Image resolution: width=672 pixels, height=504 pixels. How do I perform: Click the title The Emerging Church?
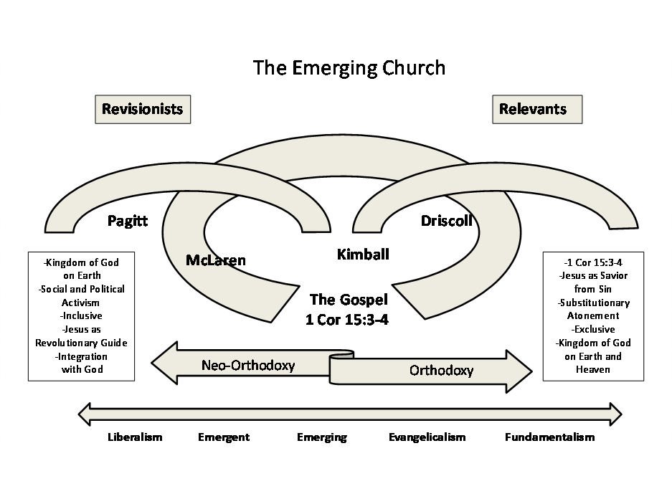349,67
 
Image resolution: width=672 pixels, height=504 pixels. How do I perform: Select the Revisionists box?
143,109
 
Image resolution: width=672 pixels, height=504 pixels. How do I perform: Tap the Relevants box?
536,109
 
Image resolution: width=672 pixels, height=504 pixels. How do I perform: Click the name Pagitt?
128,221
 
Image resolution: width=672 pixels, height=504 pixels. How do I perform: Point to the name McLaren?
215,260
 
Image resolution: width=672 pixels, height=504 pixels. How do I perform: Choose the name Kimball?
363,254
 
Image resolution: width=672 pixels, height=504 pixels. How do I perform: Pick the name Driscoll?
446,221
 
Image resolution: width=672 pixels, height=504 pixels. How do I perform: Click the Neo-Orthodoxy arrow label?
248,365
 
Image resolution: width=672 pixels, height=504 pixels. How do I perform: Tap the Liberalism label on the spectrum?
135,437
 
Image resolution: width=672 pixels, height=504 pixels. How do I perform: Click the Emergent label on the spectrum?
224,437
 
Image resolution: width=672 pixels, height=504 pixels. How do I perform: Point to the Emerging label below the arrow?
322,437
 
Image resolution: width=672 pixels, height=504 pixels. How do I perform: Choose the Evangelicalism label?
427,437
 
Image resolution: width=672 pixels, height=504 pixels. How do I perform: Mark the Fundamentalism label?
549,437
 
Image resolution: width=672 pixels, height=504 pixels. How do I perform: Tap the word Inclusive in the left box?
81,315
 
